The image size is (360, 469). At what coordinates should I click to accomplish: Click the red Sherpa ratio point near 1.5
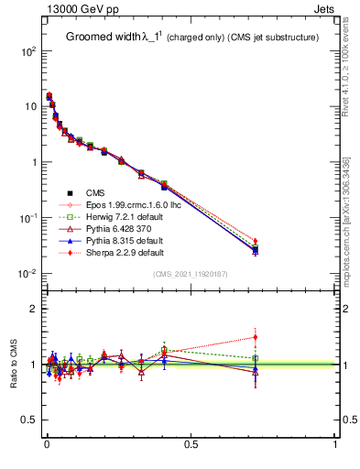256,337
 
